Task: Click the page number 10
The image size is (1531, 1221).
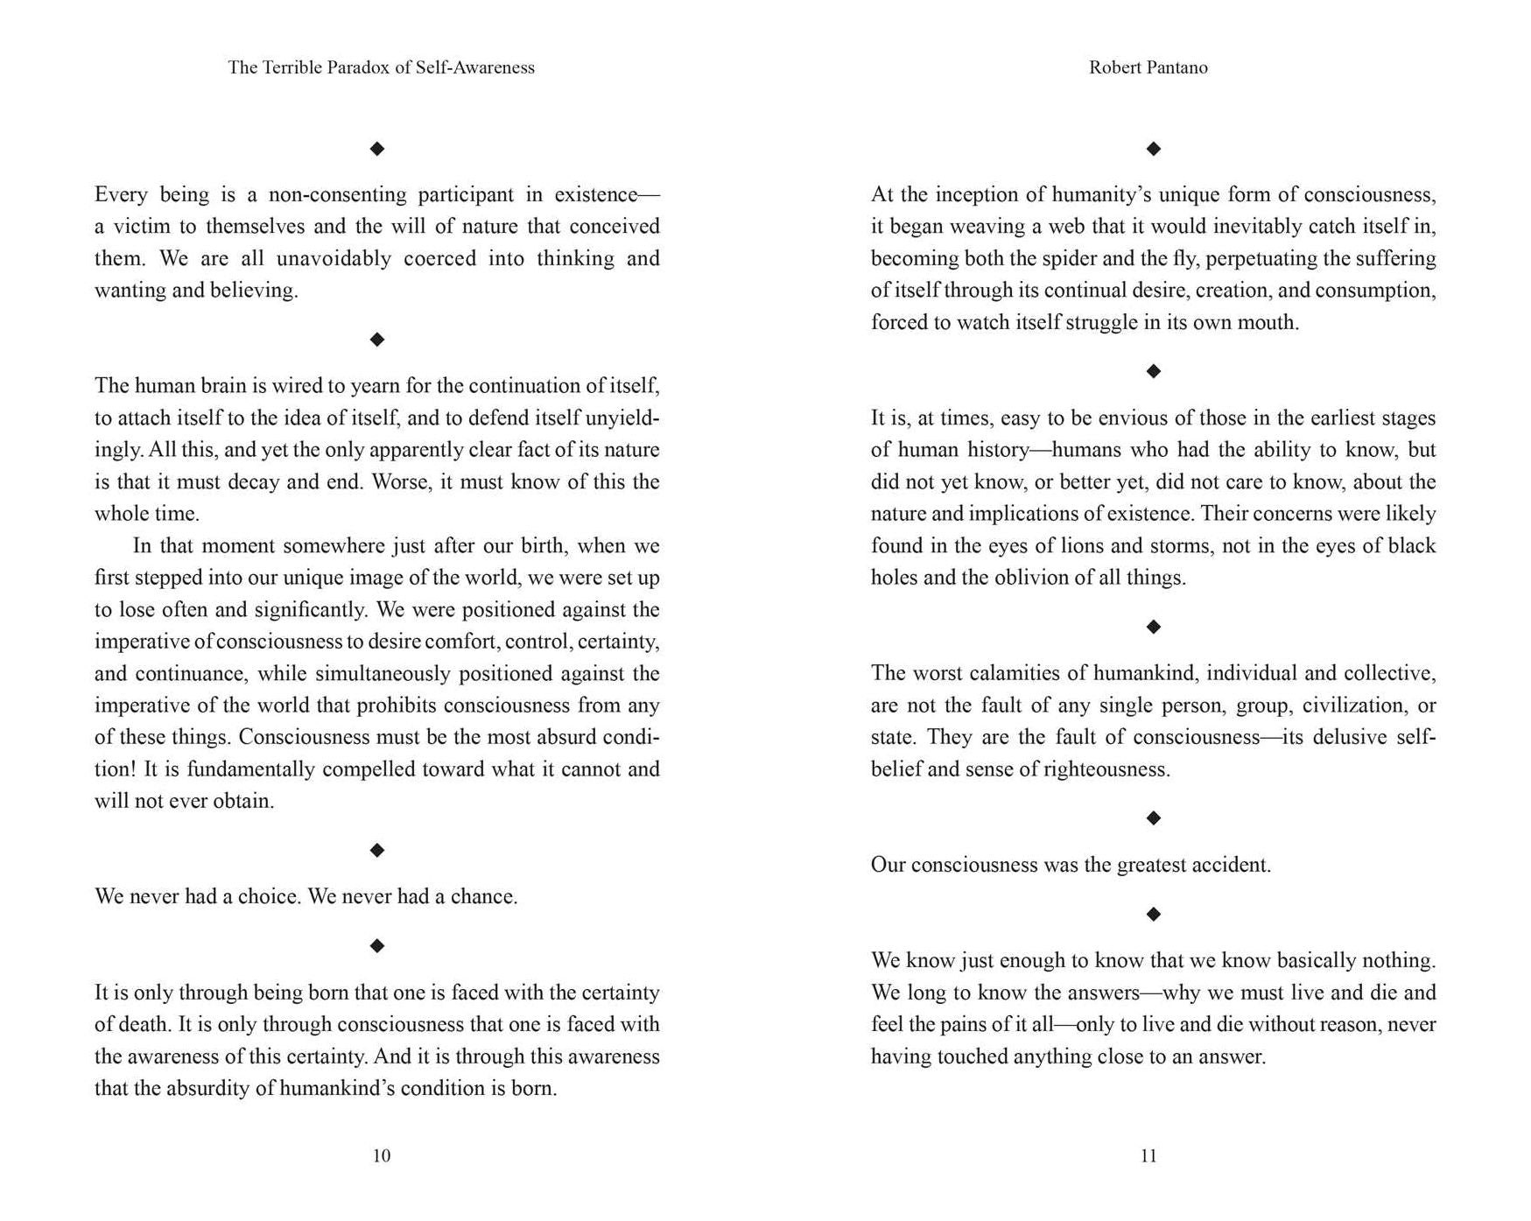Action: click(382, 1155)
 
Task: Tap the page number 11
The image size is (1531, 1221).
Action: click(1148, 1155)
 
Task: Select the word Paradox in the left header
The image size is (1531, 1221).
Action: click(357, 67)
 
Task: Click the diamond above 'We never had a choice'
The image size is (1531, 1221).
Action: click(377, 850)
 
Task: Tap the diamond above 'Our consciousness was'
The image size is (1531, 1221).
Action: click(1154, 818)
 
